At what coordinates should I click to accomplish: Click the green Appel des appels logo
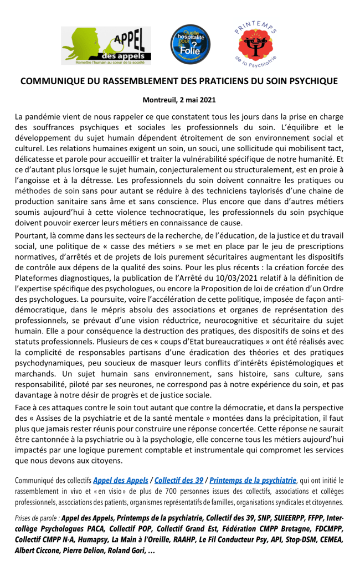tap(105, 45)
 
